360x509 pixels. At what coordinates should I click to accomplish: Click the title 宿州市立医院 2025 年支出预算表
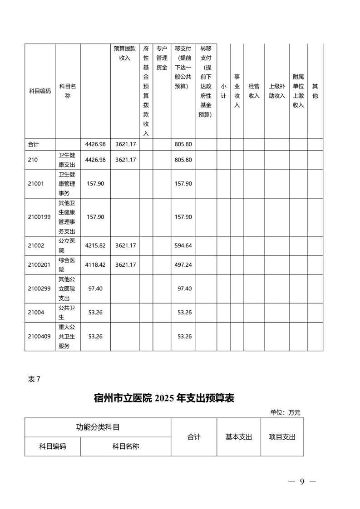click(x=164, y=398)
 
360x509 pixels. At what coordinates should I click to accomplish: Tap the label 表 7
click(x=35, y=380)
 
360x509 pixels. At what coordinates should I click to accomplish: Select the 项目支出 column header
click(x=282, y=437)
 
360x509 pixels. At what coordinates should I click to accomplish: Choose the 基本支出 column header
click(x=239, y=437)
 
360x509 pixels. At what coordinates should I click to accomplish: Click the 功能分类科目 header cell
click(x=98, y=427)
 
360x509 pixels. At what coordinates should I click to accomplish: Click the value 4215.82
click(x=95, y=245)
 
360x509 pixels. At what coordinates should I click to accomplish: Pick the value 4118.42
click(x=95, y=264)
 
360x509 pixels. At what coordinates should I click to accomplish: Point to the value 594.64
click(x=183, y=245)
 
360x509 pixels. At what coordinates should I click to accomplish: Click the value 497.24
click(x=183, y=264)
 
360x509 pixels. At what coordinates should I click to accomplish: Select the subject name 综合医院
click(x=67, y=264)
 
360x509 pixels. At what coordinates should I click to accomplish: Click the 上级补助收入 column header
click(x=276, y=91)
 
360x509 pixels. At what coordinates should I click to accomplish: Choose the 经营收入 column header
click(x=254, y=91)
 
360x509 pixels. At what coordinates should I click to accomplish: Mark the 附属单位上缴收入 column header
click(x=298, y=91)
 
